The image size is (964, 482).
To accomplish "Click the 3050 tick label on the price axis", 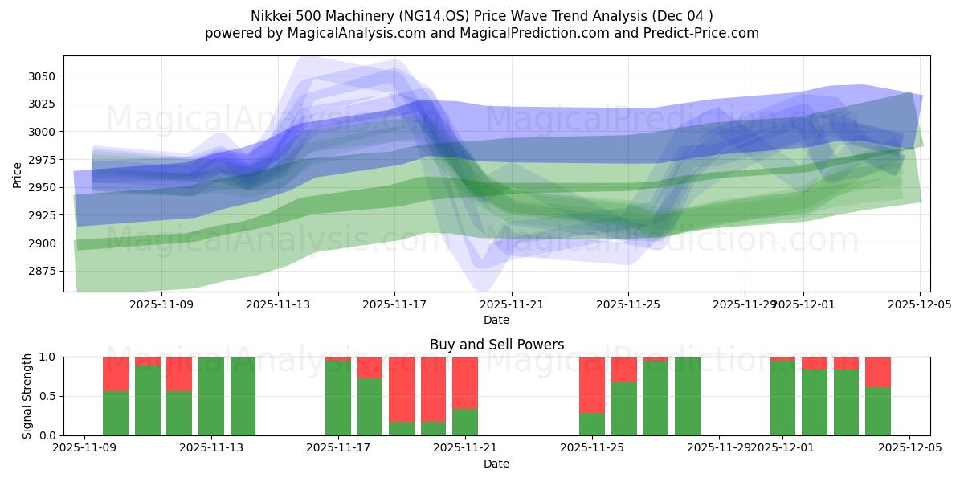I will point(42,76).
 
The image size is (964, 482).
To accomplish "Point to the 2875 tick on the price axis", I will point(42,271).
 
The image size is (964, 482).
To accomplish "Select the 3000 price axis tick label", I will point(42,132).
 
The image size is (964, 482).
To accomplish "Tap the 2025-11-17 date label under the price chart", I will point(394,304).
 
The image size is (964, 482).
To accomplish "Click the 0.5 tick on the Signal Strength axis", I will point(48,396).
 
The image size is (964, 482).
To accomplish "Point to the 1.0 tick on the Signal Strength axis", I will point(48,357).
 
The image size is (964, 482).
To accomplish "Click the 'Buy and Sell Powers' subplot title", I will point(496,345).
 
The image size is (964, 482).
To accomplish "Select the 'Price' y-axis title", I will point(18,174).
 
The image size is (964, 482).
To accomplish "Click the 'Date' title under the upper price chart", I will point(496,320).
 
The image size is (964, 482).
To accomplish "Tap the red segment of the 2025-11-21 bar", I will point(465,382).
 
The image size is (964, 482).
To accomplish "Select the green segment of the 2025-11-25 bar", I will point(592,424).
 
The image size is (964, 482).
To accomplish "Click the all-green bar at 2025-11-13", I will point(211,396).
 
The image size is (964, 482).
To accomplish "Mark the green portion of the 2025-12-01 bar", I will point(782,398).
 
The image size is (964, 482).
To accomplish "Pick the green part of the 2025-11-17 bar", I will point(338,398).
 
